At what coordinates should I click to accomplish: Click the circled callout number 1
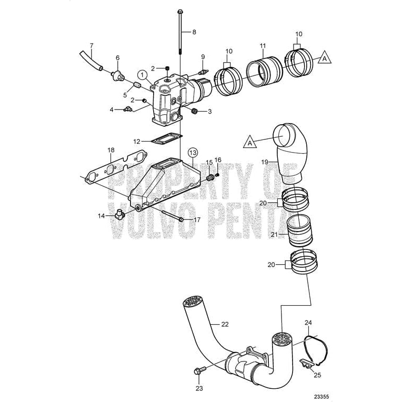click(x=142, y=75)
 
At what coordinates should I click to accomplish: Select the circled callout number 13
click(x=193, y=153)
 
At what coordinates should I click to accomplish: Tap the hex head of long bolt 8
click(x=180, y=12)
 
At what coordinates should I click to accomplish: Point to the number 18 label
click(x=111, y=150)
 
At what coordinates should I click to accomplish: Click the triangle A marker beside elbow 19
click(x=250, y=142)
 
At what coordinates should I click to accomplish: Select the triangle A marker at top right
click(x=325, y=58)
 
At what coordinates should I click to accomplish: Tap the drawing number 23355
click(x=321, y=396)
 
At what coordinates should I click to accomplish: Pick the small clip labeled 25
click(x=306, y=364)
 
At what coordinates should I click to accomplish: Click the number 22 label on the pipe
click(x=225, y=324)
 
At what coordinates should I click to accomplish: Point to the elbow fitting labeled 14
click(x=119, y=214)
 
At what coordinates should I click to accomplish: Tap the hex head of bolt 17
click(x=181, y=219)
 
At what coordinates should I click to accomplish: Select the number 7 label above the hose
click(x=92, y=46)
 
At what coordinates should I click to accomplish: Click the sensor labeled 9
click(x=204, y=72)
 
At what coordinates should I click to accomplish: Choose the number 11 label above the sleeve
click(x=263, y=46)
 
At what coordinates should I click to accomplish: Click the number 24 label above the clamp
click(x=308, y=323)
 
